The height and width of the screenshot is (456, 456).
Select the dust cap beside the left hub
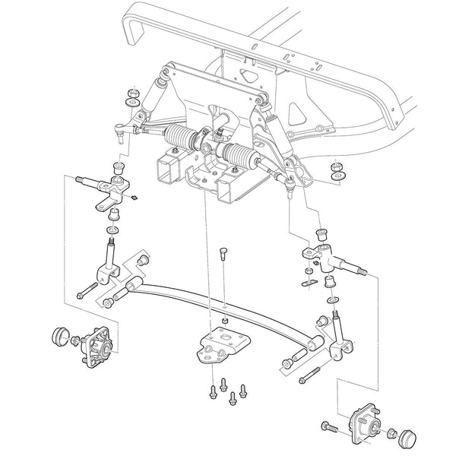click(x=59, y=335)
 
